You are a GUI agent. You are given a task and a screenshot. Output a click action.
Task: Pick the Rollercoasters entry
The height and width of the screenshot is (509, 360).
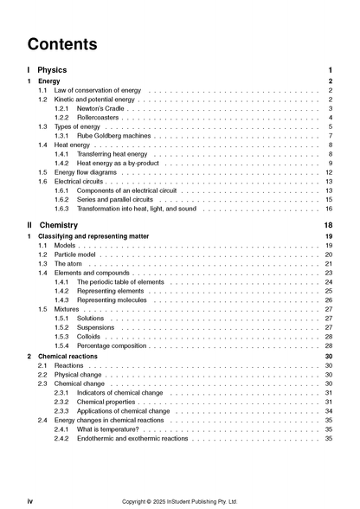point(99,117)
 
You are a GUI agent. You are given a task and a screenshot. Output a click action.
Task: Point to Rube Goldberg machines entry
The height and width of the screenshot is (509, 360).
point(113,136)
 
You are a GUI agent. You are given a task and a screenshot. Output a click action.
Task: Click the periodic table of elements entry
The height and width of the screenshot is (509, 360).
point(119,282)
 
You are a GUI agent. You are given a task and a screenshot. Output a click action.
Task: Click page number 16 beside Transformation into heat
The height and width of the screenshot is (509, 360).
point(329,209)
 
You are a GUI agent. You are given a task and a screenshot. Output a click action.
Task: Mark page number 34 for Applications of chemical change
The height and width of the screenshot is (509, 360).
point(329,411)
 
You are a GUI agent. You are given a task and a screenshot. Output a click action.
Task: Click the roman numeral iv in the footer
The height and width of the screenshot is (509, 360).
point(30,500)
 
